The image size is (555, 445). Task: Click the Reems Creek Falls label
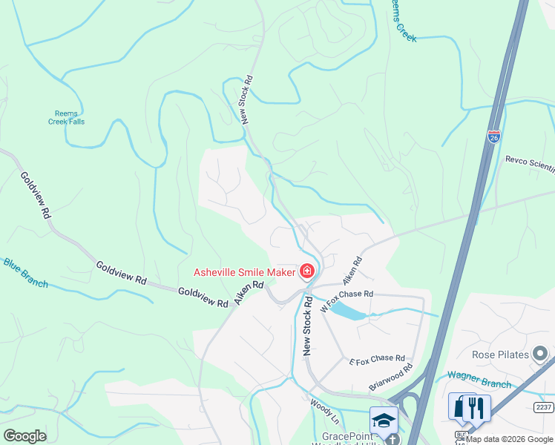coord(63,117)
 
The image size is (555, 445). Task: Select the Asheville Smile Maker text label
coord(244,272)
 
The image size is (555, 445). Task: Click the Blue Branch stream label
coord(25,273)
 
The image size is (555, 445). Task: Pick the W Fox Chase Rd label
coord(346,300)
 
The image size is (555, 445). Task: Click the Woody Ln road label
coord(321,409)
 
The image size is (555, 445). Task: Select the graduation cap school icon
coord(384,420)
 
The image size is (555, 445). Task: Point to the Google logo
coord(24,436)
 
